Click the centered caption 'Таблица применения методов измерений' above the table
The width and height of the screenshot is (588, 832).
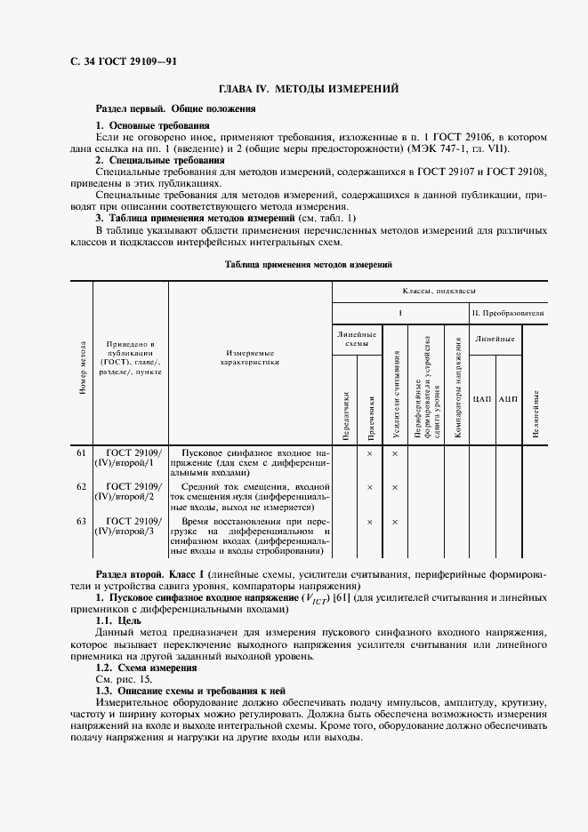308,265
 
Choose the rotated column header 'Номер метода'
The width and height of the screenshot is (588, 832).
82,366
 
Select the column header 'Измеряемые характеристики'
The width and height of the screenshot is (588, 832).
249,357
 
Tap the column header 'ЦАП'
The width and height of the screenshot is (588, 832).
481,397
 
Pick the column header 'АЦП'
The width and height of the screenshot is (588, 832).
508,397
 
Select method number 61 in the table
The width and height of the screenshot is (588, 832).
81,453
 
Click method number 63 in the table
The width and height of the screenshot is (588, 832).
81,521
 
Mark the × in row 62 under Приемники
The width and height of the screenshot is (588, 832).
369,487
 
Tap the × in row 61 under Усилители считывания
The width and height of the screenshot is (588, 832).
394,453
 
